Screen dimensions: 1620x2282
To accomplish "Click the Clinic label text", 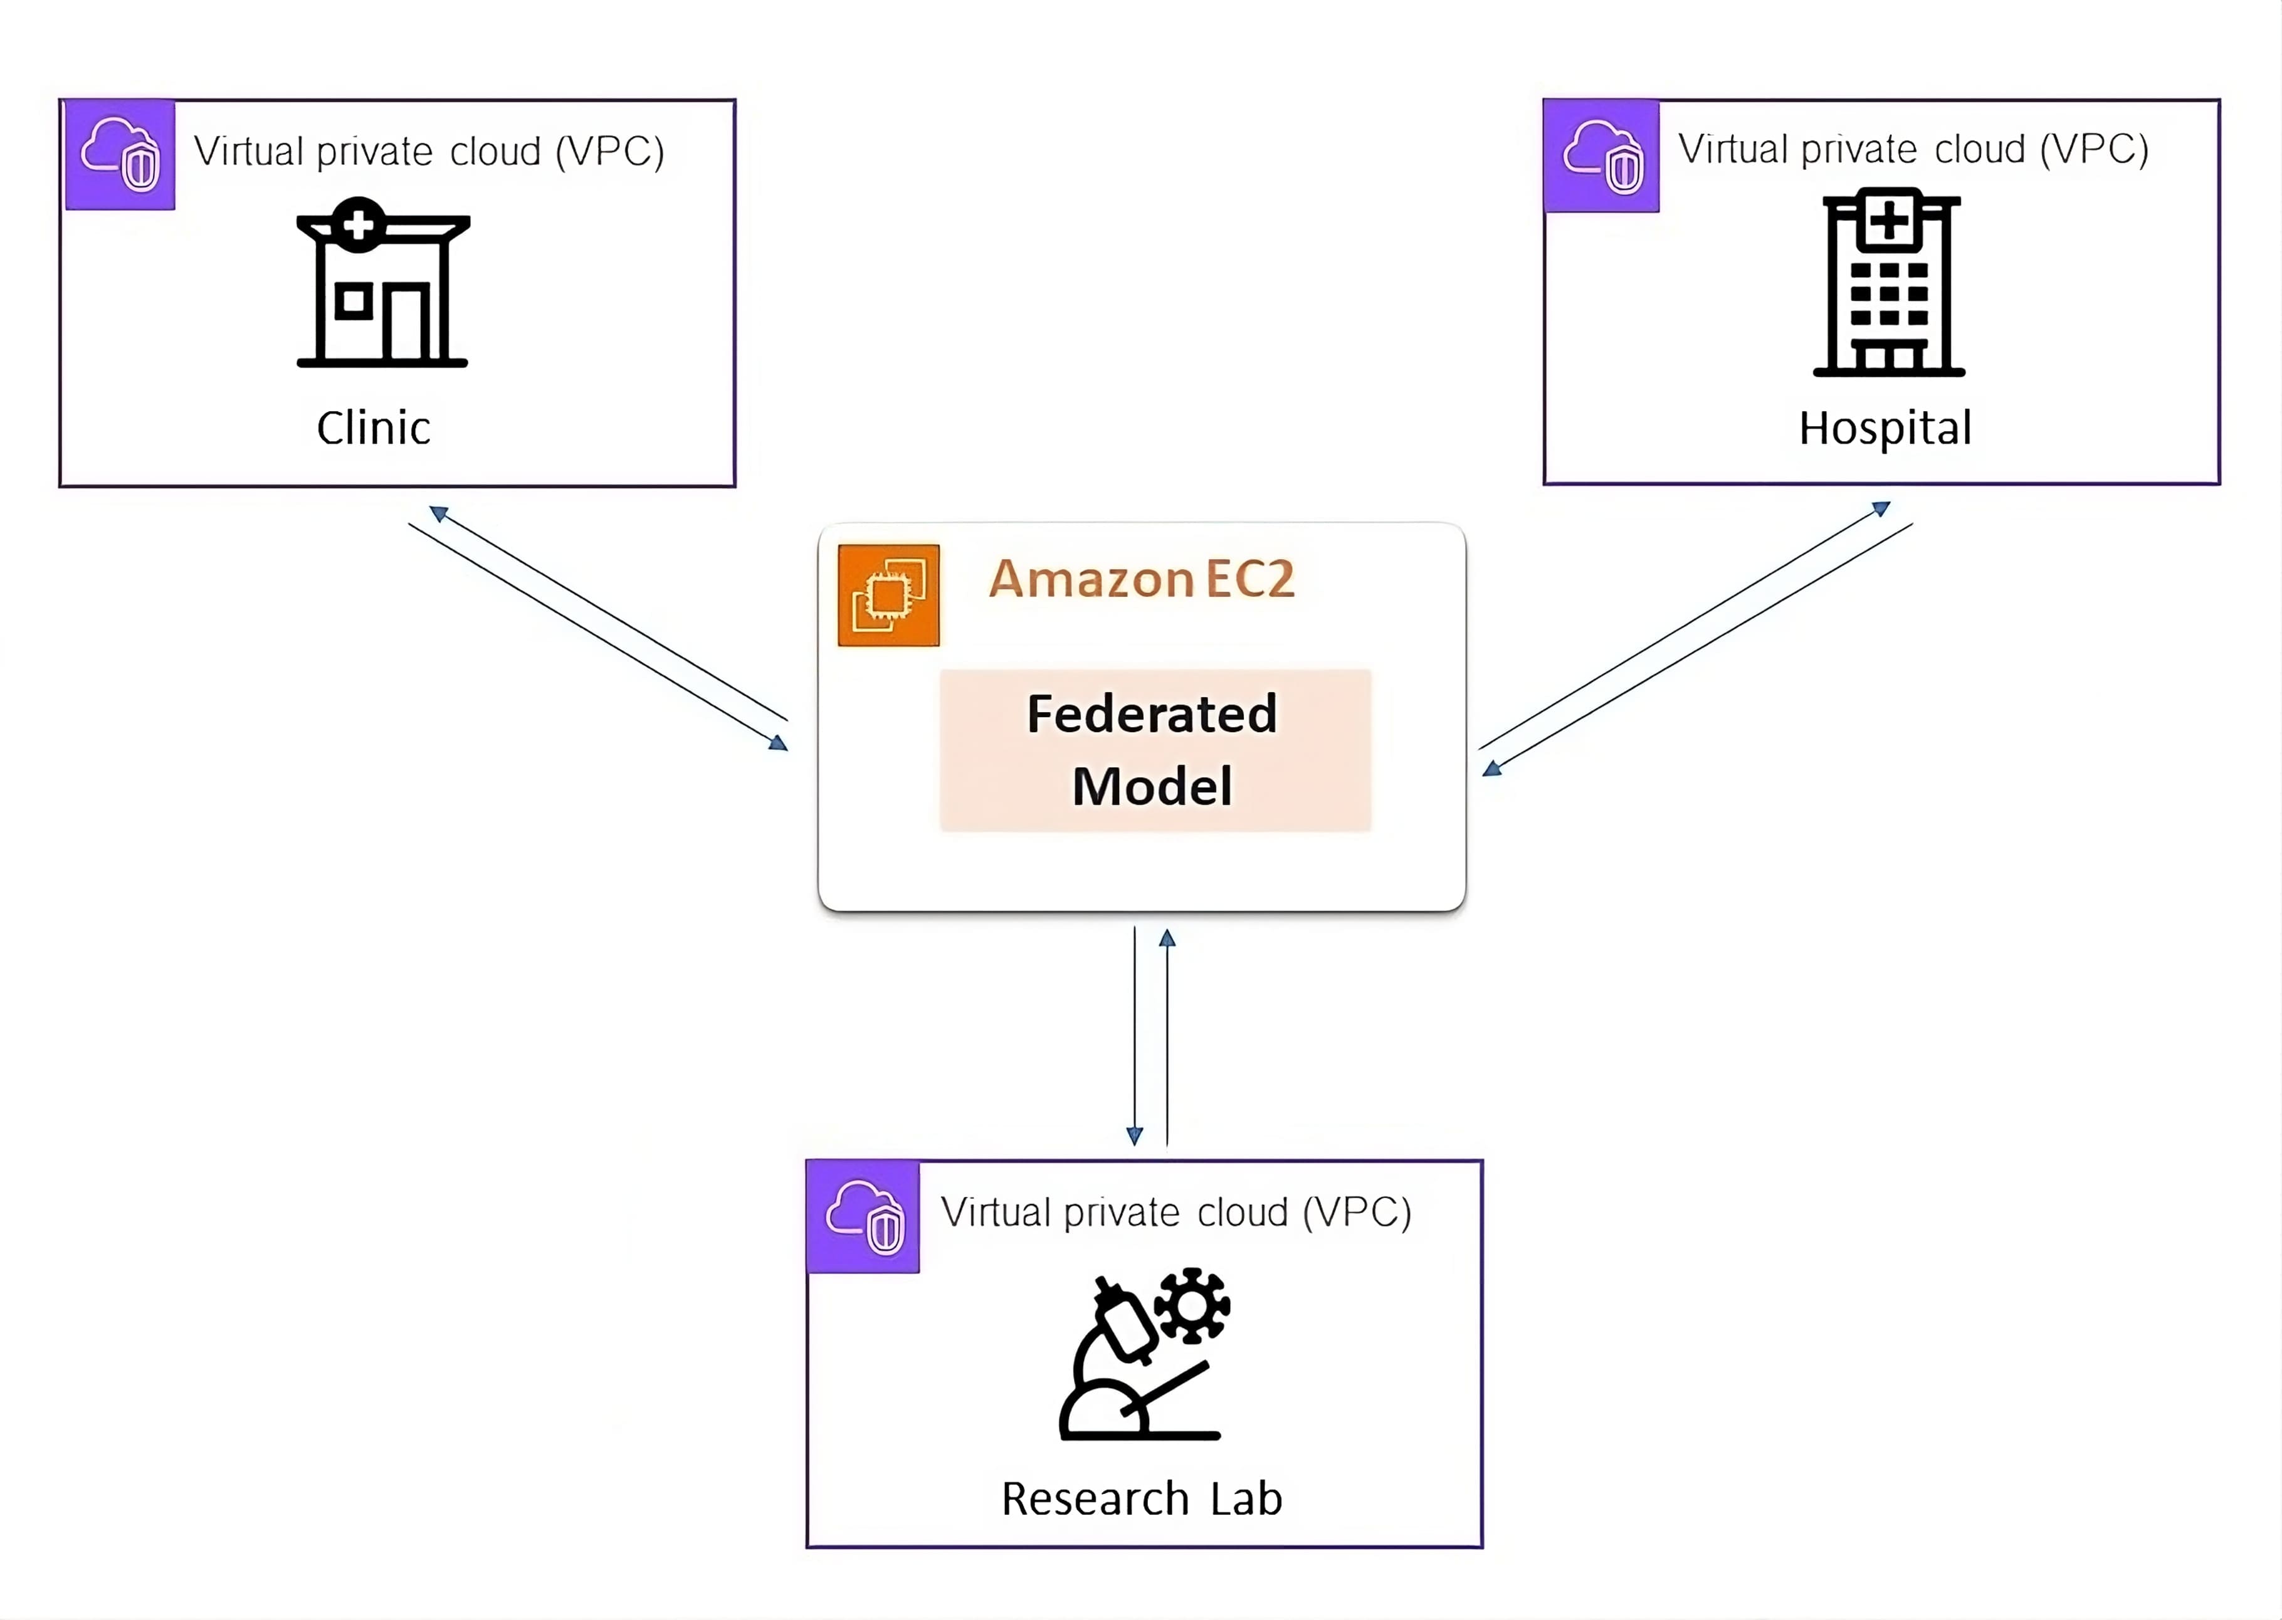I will [x=373, y=428].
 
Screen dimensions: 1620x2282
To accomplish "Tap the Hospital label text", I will [x=1885, y=428].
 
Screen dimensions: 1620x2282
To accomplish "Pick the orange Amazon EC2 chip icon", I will [x=888, y=596].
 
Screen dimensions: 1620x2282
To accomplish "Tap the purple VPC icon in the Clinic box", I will [x=120, y=155].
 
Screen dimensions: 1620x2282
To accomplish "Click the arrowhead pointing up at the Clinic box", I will [x=438, y=513].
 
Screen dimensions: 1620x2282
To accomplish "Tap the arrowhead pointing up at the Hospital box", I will [x=1881, y=508].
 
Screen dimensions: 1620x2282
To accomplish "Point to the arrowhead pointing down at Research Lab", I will [x=1134, y=1135].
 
